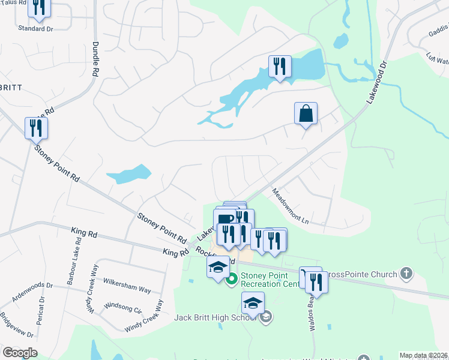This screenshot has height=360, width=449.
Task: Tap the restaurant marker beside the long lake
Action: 279,67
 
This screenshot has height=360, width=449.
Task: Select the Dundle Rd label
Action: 95,59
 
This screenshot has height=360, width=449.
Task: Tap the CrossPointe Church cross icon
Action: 406,274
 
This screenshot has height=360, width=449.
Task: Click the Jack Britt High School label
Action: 217,316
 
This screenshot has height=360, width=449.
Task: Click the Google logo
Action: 20,353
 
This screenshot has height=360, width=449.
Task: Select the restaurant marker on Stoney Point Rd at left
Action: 36,128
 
